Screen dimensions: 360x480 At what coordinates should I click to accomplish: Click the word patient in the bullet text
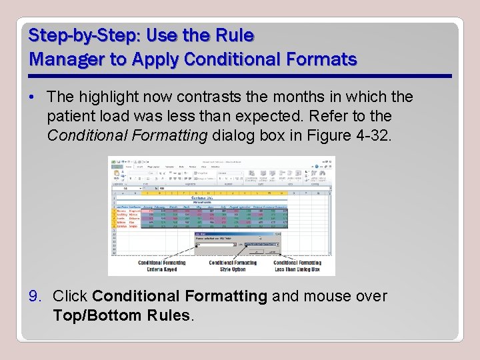point(69,116)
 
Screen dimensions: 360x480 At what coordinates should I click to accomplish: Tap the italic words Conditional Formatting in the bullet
point(128,135)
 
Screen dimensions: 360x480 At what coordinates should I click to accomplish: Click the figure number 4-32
point(378,135)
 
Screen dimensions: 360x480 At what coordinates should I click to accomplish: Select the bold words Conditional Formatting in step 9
point(180,296)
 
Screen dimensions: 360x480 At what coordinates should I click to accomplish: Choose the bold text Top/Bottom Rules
point(122,315)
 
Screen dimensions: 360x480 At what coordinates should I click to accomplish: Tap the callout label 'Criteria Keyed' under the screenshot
point(161,270)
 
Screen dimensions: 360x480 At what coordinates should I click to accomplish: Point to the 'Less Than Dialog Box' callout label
point(296,270)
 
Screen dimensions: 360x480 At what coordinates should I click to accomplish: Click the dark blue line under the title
point(240,76)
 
